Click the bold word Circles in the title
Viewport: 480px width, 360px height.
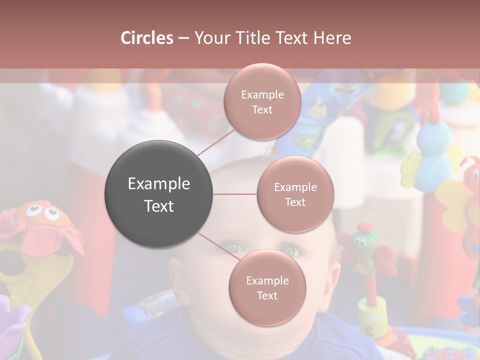(x=147, y=38)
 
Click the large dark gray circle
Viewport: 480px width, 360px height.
(x=158, y=194)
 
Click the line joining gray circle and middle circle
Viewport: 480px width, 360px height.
(x=235, y=194)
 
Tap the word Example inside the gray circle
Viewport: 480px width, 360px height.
(x=158, y=183)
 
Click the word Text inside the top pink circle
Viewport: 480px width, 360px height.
(x=262, y=109)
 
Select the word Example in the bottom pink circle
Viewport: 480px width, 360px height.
(x=267, y=280)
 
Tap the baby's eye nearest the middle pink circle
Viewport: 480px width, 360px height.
(x=290, y=248)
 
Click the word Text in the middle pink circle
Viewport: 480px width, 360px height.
(x=295, y=202)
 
